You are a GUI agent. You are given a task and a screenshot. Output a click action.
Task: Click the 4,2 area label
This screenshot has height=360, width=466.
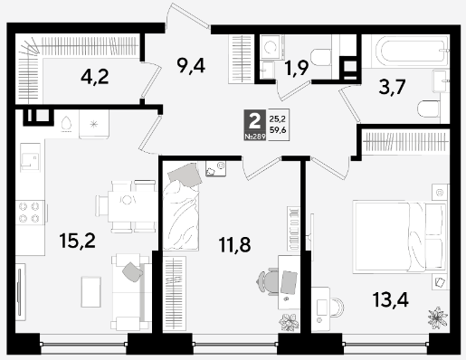coord(95,77)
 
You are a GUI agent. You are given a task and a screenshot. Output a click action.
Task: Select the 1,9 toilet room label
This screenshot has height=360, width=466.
coord(297,68)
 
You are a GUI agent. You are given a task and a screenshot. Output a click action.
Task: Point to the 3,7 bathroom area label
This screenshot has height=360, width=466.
coord(393,87)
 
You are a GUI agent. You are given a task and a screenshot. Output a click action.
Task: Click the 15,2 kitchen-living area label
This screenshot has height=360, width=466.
coord(78,241)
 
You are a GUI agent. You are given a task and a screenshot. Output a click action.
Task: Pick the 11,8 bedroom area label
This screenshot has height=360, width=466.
coord(234,244)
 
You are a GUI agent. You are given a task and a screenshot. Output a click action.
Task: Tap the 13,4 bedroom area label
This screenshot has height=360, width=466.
coord(390,299)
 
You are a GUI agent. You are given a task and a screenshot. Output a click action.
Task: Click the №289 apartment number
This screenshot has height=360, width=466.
coord(255,137)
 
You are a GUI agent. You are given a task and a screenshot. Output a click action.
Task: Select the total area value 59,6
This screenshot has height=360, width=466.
coord(278,130)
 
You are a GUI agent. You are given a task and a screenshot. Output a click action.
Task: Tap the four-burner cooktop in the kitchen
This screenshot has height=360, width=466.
coord(30,212)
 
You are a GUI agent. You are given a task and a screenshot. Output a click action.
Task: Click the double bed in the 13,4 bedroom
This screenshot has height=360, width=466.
coord(399,237)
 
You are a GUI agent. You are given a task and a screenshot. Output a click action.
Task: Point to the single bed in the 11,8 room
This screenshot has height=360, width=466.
coord(181,206)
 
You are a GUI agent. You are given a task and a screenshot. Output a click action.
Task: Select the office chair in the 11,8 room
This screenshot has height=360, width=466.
coord(267,281)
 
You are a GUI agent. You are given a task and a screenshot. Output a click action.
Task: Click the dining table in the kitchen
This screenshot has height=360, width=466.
coord(127,206)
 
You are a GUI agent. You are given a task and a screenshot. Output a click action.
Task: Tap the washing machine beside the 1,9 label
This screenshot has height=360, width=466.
coord(271,47)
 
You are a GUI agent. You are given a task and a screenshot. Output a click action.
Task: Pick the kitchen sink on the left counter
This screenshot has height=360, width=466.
coord(30,157)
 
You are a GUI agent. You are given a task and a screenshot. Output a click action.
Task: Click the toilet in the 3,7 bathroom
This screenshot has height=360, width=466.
coord(429,109)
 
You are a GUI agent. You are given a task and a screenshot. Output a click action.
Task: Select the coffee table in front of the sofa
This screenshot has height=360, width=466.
coord(90,292)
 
